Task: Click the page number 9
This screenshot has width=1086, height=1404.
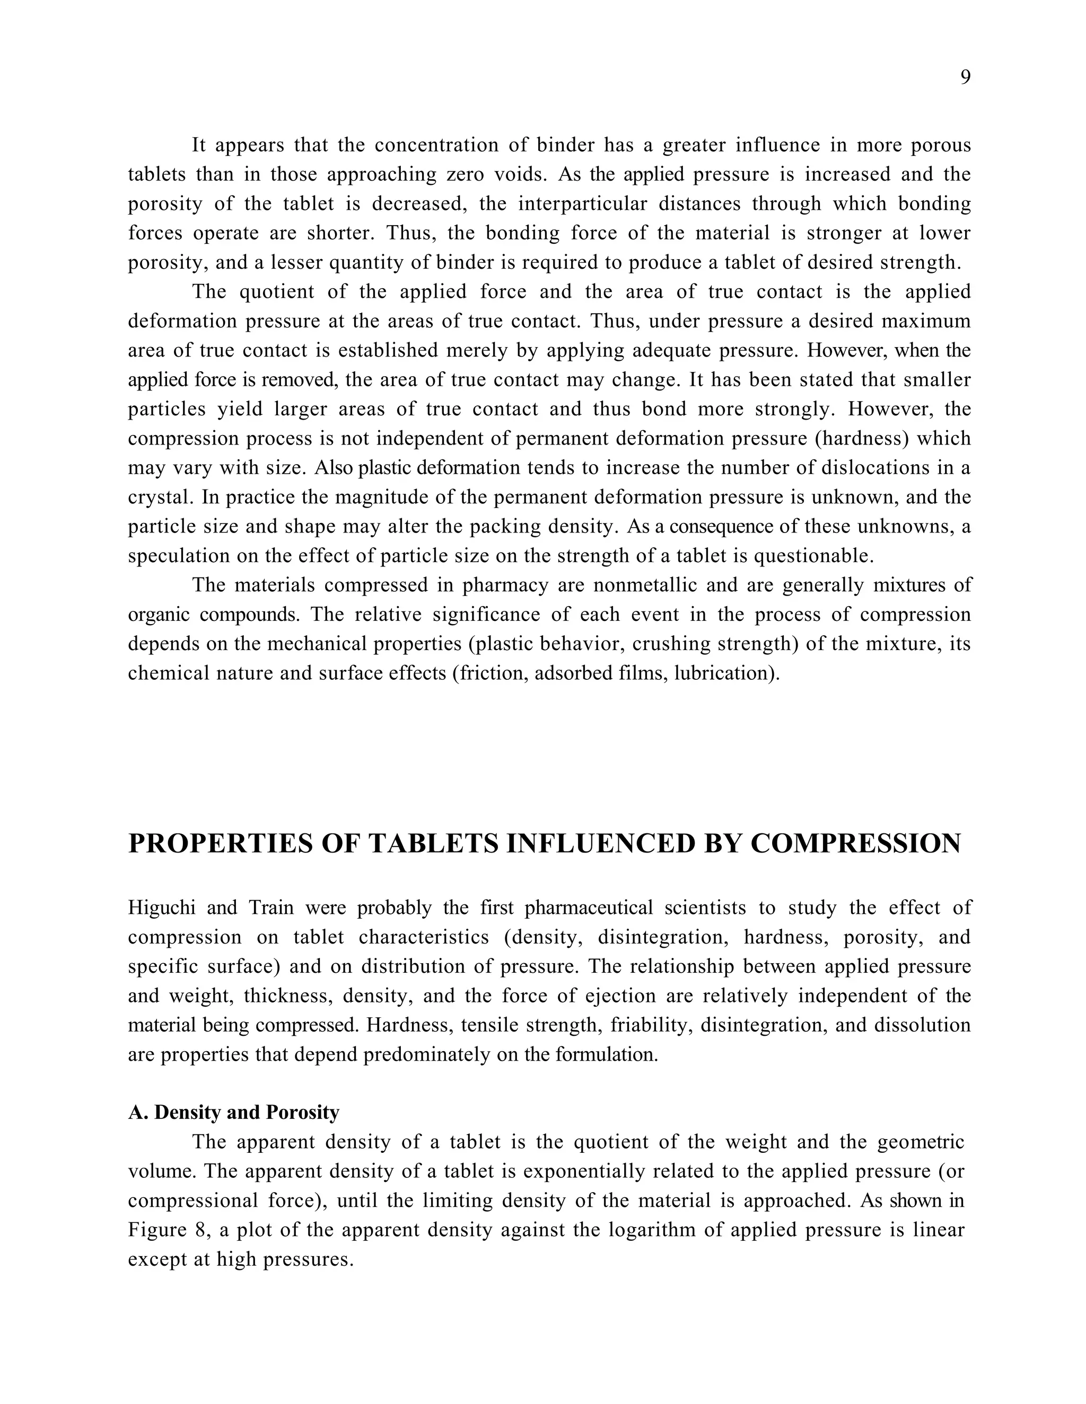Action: pos(965,78)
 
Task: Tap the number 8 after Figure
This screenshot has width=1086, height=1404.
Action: pos(199,1230)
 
